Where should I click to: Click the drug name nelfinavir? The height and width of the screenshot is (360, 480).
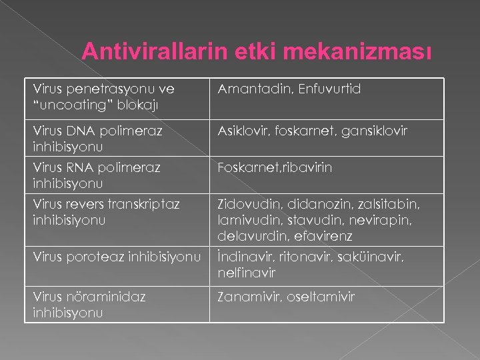pos(246,273)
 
